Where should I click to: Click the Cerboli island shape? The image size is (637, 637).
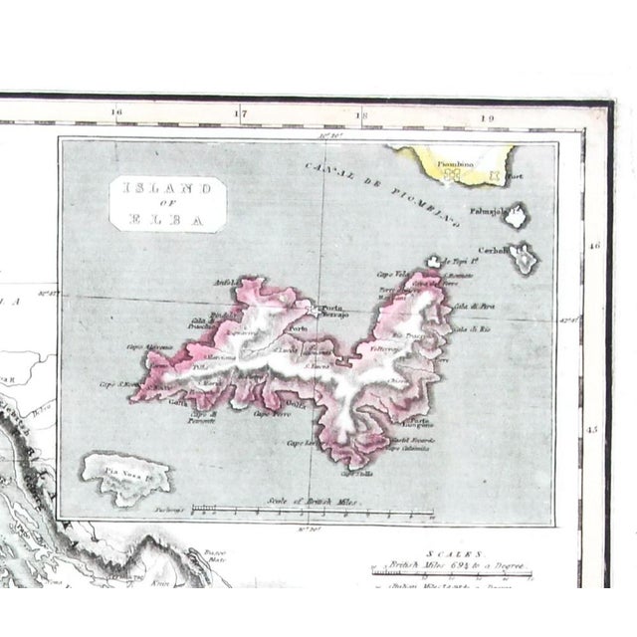coord(522,259)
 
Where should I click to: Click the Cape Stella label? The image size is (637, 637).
coord(359,473)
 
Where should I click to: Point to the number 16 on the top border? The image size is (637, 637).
coord(116,112)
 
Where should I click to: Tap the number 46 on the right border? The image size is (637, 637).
coord(593,245)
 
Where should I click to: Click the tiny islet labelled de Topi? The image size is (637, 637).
coord(435,261)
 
